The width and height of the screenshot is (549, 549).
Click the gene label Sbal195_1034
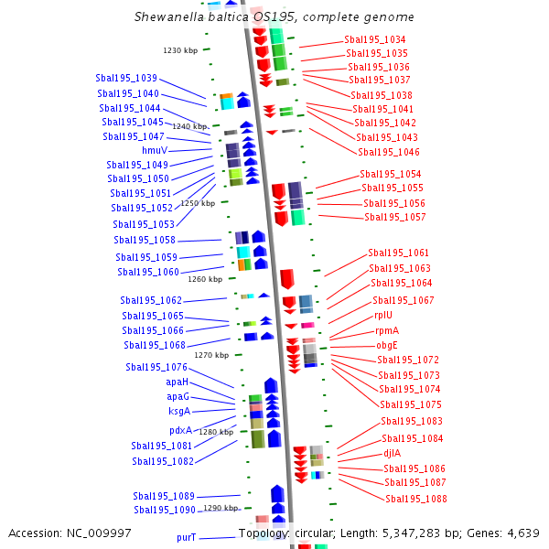[x=375, y=39]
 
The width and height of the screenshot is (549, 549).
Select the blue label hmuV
[x=154, y=150]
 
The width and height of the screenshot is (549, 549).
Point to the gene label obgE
[x=386, y=345]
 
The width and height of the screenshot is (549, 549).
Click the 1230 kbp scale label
[x=180, y=50]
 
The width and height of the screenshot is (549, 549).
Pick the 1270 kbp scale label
[x=211, y=355]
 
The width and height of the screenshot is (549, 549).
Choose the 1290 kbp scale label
[x=221, y=508]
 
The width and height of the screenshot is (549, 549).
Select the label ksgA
[x=178, y=411]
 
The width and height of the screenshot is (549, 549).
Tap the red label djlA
[x=392, y=453]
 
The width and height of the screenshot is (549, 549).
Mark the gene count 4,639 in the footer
[x=522, y=533]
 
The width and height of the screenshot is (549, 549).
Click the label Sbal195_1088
[x=415, y=499]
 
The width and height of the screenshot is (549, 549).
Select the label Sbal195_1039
[x=126, y=78]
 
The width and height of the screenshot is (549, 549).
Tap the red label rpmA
[x=386, y=330]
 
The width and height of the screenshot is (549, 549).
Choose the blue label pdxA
[x=180, y=430]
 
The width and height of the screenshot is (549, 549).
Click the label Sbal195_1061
[x=398, y=253]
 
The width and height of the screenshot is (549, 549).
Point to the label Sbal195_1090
[x=165, y=510]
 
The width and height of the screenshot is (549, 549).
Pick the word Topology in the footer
[x=264, y=533]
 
